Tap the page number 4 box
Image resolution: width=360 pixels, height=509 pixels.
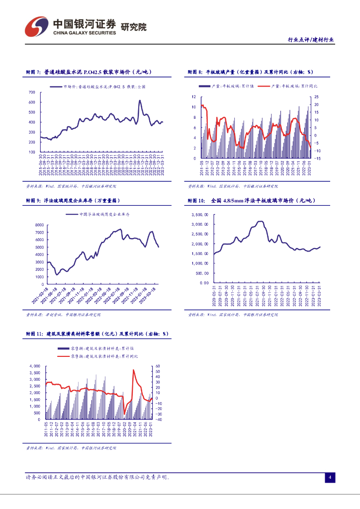pyautogui.click(x=329, y=478)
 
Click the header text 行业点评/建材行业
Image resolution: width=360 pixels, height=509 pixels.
pyautogui.click(x=311, y=40)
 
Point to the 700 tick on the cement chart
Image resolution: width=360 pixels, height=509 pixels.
pyautogui.click(x=32, y=92)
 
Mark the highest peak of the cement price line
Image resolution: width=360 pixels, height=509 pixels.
pyautogui.click(x=140, y=101)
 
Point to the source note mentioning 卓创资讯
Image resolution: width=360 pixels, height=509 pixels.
pyautogui.click(x=63, y=315)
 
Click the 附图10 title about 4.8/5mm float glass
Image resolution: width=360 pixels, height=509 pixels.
pyautogui.click(x=254, y=200)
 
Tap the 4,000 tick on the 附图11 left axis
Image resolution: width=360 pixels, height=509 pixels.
pyautogui.click(x=34, y=366)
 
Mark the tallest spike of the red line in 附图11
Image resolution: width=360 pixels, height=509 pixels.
pyautogui.click(x=133, y=370)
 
